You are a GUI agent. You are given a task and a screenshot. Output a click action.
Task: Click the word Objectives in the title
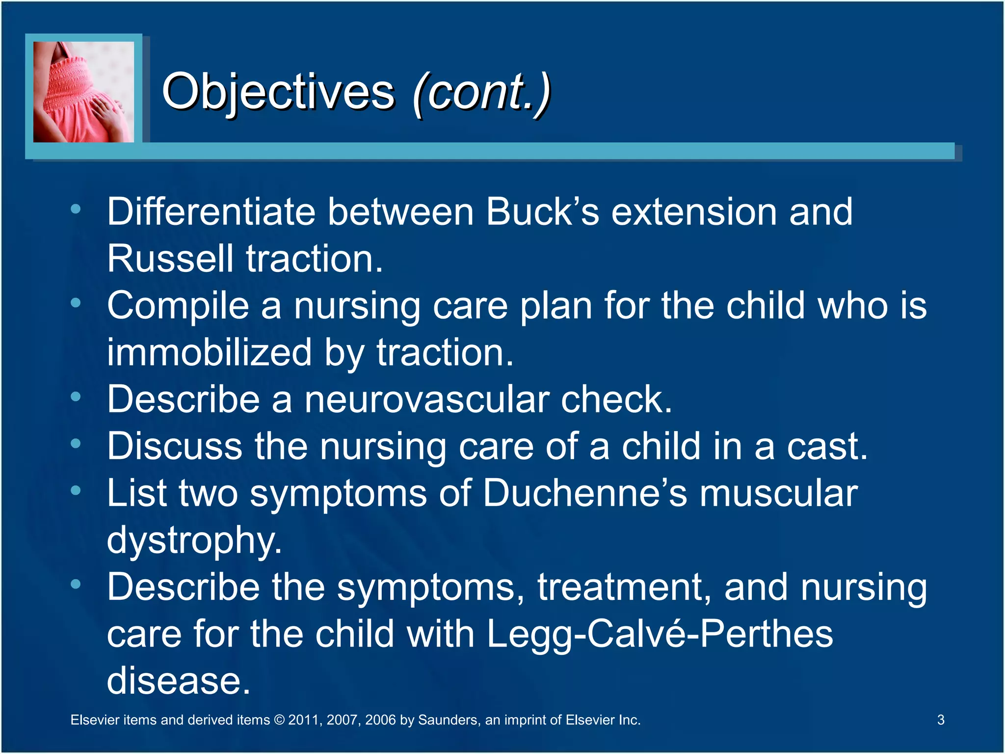pyautogui.click(x=278, y=92)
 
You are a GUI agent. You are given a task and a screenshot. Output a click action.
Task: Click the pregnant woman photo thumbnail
pyautogui.click(x=83, y=92)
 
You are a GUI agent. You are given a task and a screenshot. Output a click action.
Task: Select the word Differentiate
pyautogui.click(x=211, y=212)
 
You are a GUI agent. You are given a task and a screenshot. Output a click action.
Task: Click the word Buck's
pyautogui.click(x=542, y=212)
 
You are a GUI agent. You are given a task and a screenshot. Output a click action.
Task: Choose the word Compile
pyautogui.click(x=178, y=306)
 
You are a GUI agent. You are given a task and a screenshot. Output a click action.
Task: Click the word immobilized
pyautogui.click(x=209, y=352)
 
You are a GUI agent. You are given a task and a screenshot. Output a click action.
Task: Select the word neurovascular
pyautogui.click(x=426, y=399)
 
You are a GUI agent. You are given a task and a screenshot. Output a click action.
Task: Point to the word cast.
pyautogui.click(x=827, y=446)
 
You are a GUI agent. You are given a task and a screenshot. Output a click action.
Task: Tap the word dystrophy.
pyautogui.click(x=194, y=540)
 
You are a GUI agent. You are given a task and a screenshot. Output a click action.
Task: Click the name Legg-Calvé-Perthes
pyautogui.click(x=660, y=634)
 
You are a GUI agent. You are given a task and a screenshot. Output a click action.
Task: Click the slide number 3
pyautogui.click(x=940, y=720)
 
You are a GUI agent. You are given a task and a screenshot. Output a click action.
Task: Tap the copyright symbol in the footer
pyautogui.click(x=279, y=720)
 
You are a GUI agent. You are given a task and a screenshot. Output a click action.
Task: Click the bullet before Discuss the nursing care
pyautogui.click(x=76, y=444)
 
